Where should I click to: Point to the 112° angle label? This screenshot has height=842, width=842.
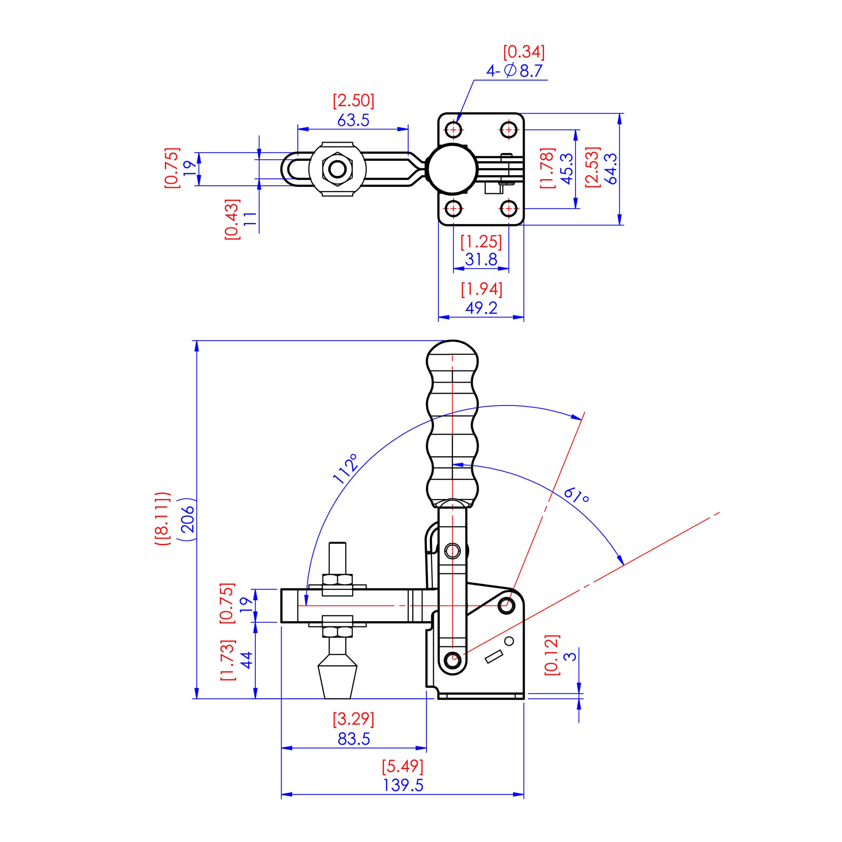pos(346,469)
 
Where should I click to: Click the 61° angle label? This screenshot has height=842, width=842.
pos(576,495)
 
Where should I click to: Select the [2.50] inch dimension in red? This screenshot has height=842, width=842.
pos(353,101)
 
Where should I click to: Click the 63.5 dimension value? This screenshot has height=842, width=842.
pos(353,120)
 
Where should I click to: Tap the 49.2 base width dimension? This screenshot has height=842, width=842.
pos(481,308)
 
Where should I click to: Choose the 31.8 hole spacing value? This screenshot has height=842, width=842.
pos(481,260)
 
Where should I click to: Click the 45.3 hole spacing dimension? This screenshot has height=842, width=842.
pos(566,169)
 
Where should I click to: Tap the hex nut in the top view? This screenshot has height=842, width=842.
pos(337,169)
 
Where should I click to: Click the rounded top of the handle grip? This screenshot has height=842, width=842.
pos(452,354)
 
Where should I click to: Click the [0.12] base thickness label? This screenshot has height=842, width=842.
pos(552,655)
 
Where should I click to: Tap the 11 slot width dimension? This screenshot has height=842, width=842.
pos(249,218)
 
